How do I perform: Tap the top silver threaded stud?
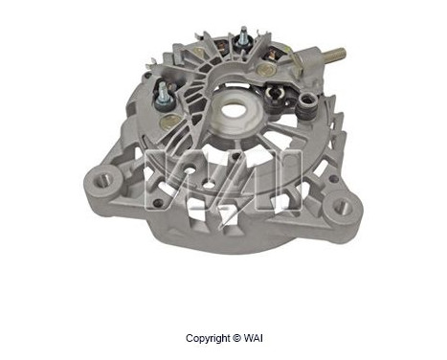[x=243, y=32]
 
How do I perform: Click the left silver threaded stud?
[x=163, y=89]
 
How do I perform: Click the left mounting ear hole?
[x=103, y=182]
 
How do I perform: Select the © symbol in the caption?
[x=236, y=338]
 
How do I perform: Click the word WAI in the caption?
[x=253, y=338]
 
